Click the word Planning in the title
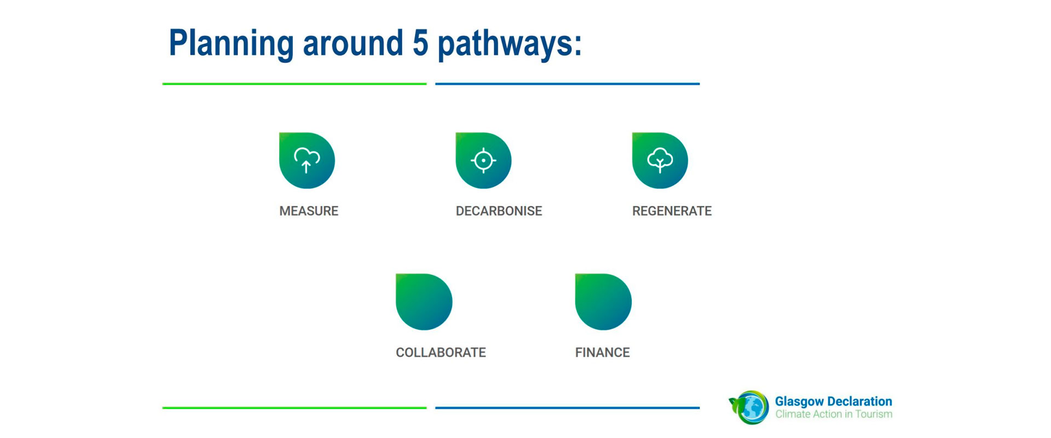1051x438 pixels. [x=231, y=44]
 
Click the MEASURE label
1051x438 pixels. [x=309, y=211]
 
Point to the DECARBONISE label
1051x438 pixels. [x=499, y=211]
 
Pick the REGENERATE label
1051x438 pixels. [x=672, y=211]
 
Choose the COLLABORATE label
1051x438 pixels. [x=441, y=352]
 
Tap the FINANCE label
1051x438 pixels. [x=602, y=352]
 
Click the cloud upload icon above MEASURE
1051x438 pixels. [x=307, y=160]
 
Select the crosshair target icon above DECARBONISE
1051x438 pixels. [x=483, y=160]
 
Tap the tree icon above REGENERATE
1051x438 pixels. [x=660, y=160]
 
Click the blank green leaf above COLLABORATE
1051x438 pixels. [x=424, y=302]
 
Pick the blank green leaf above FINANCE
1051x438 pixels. [x=603, y=302]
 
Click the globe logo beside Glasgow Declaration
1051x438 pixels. [x=749, y=407]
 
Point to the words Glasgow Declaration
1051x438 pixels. [x=833, y=401]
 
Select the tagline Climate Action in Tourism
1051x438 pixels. [x=834, y=414]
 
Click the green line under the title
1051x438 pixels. [x=294, y=84]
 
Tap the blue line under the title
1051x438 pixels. [x=568, y=84]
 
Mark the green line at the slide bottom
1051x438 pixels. [x=294, y=408]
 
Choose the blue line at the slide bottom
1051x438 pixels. [x=568, y=408]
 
